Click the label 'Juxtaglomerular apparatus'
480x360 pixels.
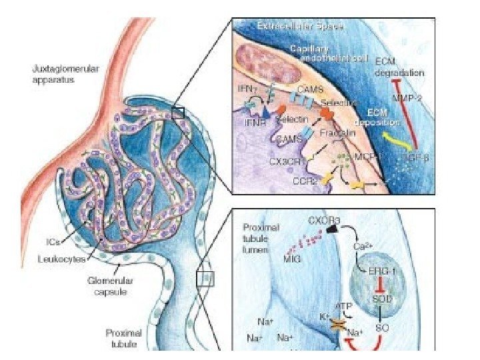click(61, 73)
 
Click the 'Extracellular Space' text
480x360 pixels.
click(300, 27)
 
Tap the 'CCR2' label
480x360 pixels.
click(303, 180)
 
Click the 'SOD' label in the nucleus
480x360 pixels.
click(382, 300)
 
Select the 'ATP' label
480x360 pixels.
click(345, 307)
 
